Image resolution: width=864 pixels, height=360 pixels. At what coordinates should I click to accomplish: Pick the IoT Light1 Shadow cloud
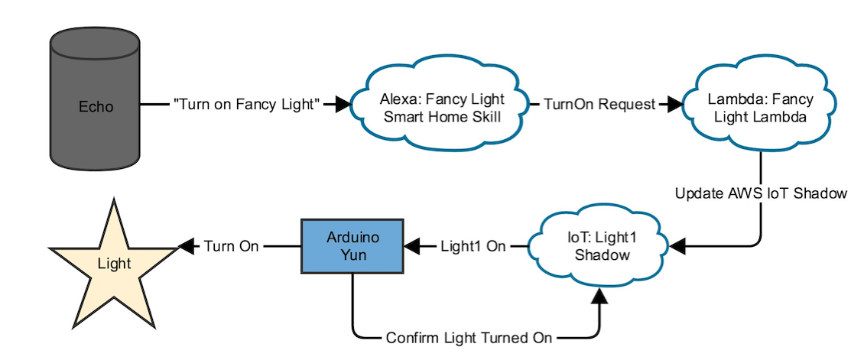coord(602,246)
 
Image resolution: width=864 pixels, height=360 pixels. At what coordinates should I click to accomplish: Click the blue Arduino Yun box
coord(352,246)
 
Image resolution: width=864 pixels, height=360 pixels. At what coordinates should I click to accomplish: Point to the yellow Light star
coord(114,264)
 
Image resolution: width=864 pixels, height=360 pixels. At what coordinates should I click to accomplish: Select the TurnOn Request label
coord(599,105)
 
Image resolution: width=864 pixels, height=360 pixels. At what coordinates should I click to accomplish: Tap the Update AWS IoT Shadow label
coord(761,193)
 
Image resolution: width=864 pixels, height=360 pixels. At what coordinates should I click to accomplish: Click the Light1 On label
coord(473,246)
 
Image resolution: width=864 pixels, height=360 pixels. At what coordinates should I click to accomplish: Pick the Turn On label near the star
coord(231,246)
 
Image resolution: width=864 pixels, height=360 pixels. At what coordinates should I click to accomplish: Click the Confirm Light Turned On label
coord(469,337)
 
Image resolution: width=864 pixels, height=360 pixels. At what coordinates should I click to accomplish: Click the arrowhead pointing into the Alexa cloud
coord(342,105)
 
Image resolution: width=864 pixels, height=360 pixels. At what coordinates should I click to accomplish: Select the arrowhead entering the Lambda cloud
coord(673,105)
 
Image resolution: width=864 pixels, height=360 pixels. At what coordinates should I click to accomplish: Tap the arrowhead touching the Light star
coord(187,246)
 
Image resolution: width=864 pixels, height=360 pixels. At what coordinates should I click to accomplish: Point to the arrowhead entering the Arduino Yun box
coord(412,246)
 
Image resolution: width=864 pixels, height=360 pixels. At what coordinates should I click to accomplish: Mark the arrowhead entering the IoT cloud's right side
coord(677,246)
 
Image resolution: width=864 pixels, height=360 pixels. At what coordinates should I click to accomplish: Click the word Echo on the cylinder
coord(96,106)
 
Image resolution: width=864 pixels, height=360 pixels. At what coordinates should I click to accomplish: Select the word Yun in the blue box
coord(352,255)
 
